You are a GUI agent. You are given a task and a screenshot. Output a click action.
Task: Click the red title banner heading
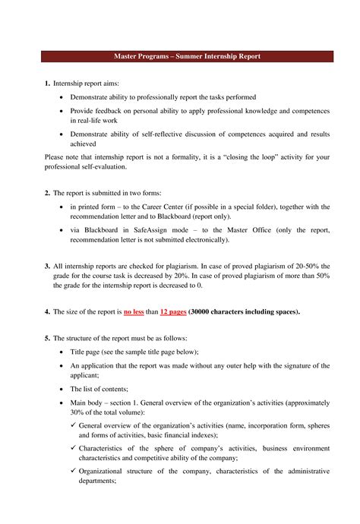point(180,56)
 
